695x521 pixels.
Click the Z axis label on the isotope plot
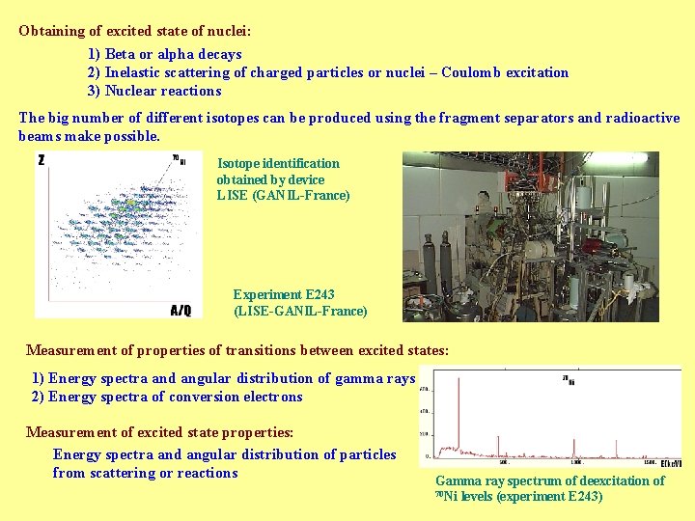pyautogui.click(x=41, y=160)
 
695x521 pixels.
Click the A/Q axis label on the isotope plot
pyautogui.click(x=181, y=310)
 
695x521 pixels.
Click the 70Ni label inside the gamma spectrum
pyautogui.click(x=569, y=379)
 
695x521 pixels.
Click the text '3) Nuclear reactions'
pyautogui.click(x=154, y=91)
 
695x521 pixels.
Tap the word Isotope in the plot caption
pyautogui.click(x=238, y=163)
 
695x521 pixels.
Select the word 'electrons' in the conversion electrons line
pyautogui.click(x=270, y=397)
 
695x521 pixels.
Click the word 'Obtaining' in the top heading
pyautogui.click(x=51, y=30)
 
